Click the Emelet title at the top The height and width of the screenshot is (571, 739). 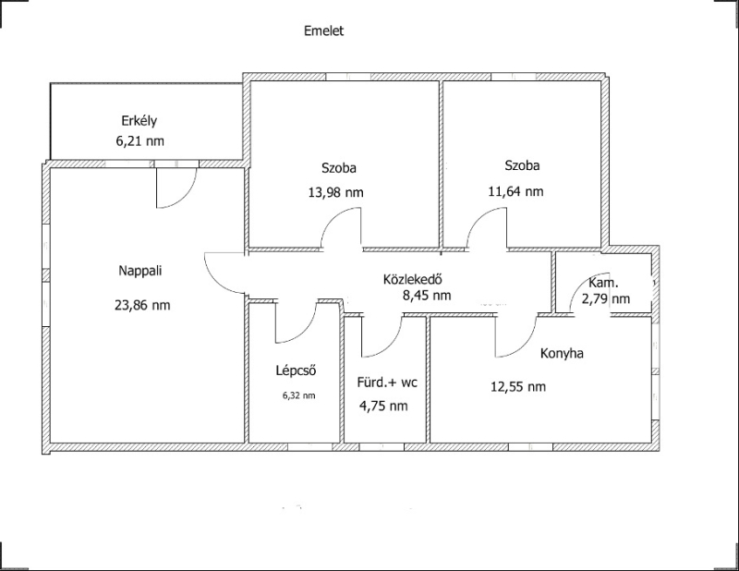324,31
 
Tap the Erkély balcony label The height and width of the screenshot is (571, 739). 139,121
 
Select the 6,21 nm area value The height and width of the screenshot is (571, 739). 140,141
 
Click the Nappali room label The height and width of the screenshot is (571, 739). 140,271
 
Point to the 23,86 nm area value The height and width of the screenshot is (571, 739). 142,305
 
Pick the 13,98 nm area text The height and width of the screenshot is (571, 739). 336,192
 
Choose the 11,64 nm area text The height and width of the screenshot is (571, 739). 515,191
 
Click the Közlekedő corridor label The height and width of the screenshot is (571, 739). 412,280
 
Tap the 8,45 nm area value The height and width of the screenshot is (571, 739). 427,296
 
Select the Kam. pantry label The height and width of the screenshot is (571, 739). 604,283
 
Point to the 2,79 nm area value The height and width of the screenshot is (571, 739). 606,299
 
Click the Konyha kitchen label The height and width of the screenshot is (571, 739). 562,354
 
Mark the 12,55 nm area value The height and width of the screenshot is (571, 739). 518,387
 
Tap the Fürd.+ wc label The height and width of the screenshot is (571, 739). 387,383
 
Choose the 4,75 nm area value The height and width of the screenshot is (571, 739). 383,406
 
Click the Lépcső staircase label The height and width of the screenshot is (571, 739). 296,371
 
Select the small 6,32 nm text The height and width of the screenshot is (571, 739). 298,396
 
